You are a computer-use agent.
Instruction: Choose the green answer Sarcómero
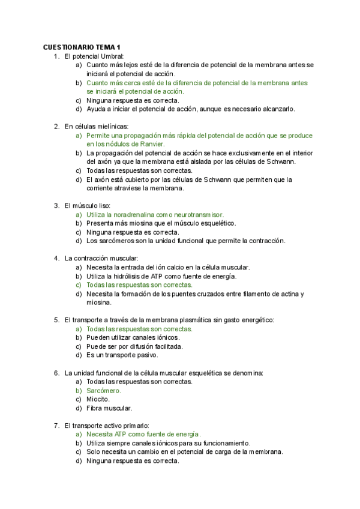point(103,390)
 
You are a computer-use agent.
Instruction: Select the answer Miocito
point(98,399)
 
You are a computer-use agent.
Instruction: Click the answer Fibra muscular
point(109,408)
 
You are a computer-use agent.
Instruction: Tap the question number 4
point(56,258)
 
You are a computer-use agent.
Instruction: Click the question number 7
point(56,425)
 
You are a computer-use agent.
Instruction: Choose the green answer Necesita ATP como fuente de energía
point(143,434)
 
